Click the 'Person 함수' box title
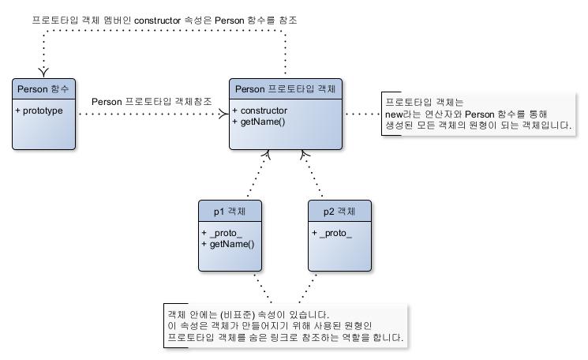pos(43,89)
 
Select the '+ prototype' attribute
pos(39,111)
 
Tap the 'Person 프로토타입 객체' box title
pos(286,89)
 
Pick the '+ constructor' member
pos(260,111)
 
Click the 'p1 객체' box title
pos(230,212)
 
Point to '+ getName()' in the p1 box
pos(228,245)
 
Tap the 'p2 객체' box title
pos(339,212)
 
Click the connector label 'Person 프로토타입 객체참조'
pos(152,102)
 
